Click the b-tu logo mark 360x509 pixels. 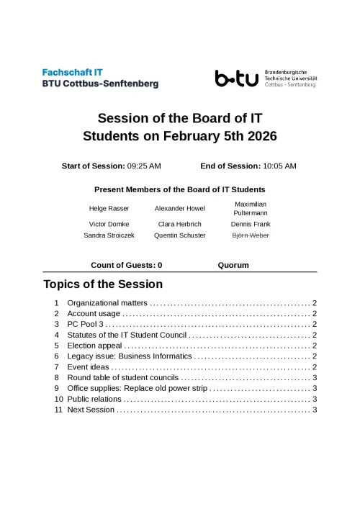236,78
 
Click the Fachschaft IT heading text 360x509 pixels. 73,73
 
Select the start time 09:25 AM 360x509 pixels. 144,166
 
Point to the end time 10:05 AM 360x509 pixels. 279,166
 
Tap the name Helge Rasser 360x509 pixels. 109,209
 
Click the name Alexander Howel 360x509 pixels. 180,209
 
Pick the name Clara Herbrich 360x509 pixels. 180,225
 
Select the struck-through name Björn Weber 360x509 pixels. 251,235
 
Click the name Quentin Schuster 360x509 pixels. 180,235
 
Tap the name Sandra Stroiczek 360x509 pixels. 109,235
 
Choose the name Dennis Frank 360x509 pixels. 251,225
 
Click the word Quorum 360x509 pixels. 233,265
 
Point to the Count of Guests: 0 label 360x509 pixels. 126,265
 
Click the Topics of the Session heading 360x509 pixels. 103,284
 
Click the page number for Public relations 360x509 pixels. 315,399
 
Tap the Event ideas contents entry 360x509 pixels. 88,367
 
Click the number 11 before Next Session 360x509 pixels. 58,410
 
